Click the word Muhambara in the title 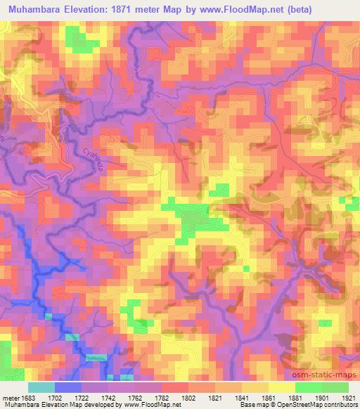pos(35,9)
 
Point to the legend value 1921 pos(348,397)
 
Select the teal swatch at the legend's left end pos(41,387)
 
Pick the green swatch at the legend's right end pos(335,387)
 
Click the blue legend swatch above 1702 pos(67,387)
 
